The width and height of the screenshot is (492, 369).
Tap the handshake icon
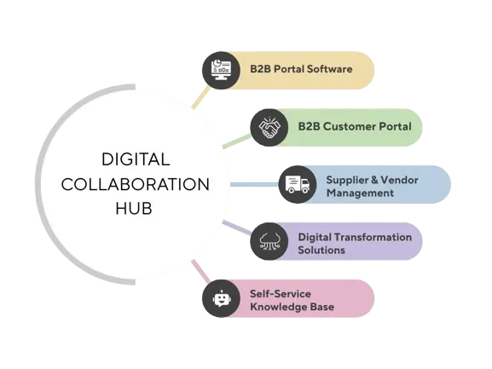click(x=268, y=127)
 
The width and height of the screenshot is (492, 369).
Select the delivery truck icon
click(x=297, y=184)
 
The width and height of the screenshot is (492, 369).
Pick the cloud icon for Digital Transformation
click(x=268, y=242)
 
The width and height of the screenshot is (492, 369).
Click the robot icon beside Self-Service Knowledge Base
click(x=221, y=299)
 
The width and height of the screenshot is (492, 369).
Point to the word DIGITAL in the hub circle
click(x=136, y=159)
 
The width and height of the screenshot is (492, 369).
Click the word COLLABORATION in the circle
click(x=136, y=184)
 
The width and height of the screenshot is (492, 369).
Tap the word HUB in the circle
click(x=135, y=208)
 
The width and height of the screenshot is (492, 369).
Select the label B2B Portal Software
click(x=301, y=69)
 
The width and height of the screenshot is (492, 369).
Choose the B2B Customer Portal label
click(x=354, y=127)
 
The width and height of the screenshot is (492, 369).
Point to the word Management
click(x=360, y=193)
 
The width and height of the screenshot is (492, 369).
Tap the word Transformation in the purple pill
click(x=375, y=236)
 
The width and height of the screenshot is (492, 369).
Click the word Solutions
click(x=321, y=250)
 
